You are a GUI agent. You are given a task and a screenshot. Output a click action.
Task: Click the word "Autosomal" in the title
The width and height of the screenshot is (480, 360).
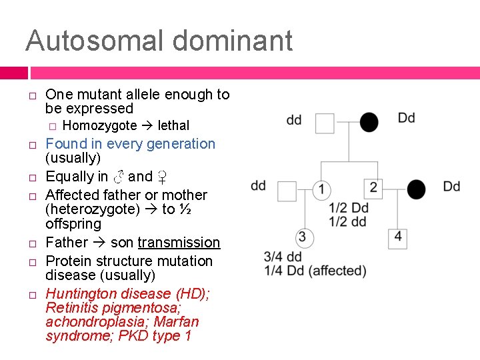click(91, 41)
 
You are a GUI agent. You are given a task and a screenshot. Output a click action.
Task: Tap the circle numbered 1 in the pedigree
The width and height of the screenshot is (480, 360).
click(321, 190)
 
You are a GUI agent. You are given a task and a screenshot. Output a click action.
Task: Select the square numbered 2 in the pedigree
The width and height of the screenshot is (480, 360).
click(373, 188)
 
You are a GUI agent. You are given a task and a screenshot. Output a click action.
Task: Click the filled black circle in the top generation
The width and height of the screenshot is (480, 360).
click(369, 123)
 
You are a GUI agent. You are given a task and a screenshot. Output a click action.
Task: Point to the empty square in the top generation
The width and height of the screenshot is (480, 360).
click(325, 123)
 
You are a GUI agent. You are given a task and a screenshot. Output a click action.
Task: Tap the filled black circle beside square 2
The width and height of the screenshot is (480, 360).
click(417, 189)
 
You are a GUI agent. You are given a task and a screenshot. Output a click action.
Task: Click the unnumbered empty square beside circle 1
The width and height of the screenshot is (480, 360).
click(287, 191)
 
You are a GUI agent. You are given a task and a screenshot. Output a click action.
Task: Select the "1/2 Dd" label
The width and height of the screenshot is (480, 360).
click(347, 208)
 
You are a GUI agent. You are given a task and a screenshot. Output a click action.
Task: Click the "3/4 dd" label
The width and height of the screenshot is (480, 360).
click(283, 257)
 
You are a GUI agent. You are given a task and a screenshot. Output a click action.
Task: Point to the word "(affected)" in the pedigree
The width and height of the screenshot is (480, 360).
click(338, 271)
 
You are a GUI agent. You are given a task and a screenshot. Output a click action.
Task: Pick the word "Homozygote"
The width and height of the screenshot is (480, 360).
click(99, 125)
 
